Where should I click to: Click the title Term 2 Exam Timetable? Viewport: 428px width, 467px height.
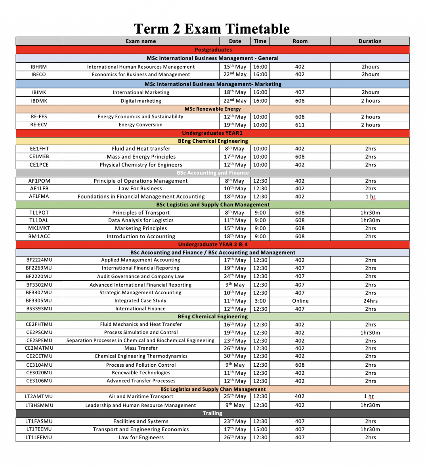212,29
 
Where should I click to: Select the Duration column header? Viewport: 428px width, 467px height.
370,41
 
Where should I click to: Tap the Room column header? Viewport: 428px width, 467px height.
300,41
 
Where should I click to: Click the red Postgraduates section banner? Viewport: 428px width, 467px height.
213,50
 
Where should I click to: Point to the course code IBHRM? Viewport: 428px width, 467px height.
39,67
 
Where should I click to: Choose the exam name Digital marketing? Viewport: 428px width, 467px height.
141,101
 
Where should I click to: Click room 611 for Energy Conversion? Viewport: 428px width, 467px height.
300,125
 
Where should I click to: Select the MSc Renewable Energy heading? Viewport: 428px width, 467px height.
213,109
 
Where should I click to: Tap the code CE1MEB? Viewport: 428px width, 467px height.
39,157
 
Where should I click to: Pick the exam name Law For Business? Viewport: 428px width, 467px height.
140,189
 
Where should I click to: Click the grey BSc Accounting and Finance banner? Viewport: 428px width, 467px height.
213,173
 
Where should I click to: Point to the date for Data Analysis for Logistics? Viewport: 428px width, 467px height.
235,220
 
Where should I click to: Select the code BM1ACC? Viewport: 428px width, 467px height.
39,237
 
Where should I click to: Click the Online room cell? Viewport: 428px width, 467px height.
300,301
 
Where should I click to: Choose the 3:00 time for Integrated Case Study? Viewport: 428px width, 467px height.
260,301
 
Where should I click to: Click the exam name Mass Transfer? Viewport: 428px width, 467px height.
141,348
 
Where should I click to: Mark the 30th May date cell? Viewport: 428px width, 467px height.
235,356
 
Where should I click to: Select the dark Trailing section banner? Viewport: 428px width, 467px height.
212,413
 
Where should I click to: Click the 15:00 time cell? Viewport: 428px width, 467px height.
260,429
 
